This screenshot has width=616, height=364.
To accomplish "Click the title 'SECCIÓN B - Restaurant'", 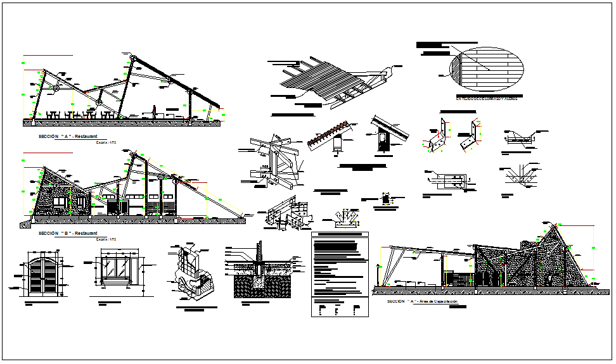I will [66, 233].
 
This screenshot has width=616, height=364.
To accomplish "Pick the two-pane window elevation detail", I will [115, 268].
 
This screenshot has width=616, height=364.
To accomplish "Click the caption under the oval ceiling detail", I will [486, 99].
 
